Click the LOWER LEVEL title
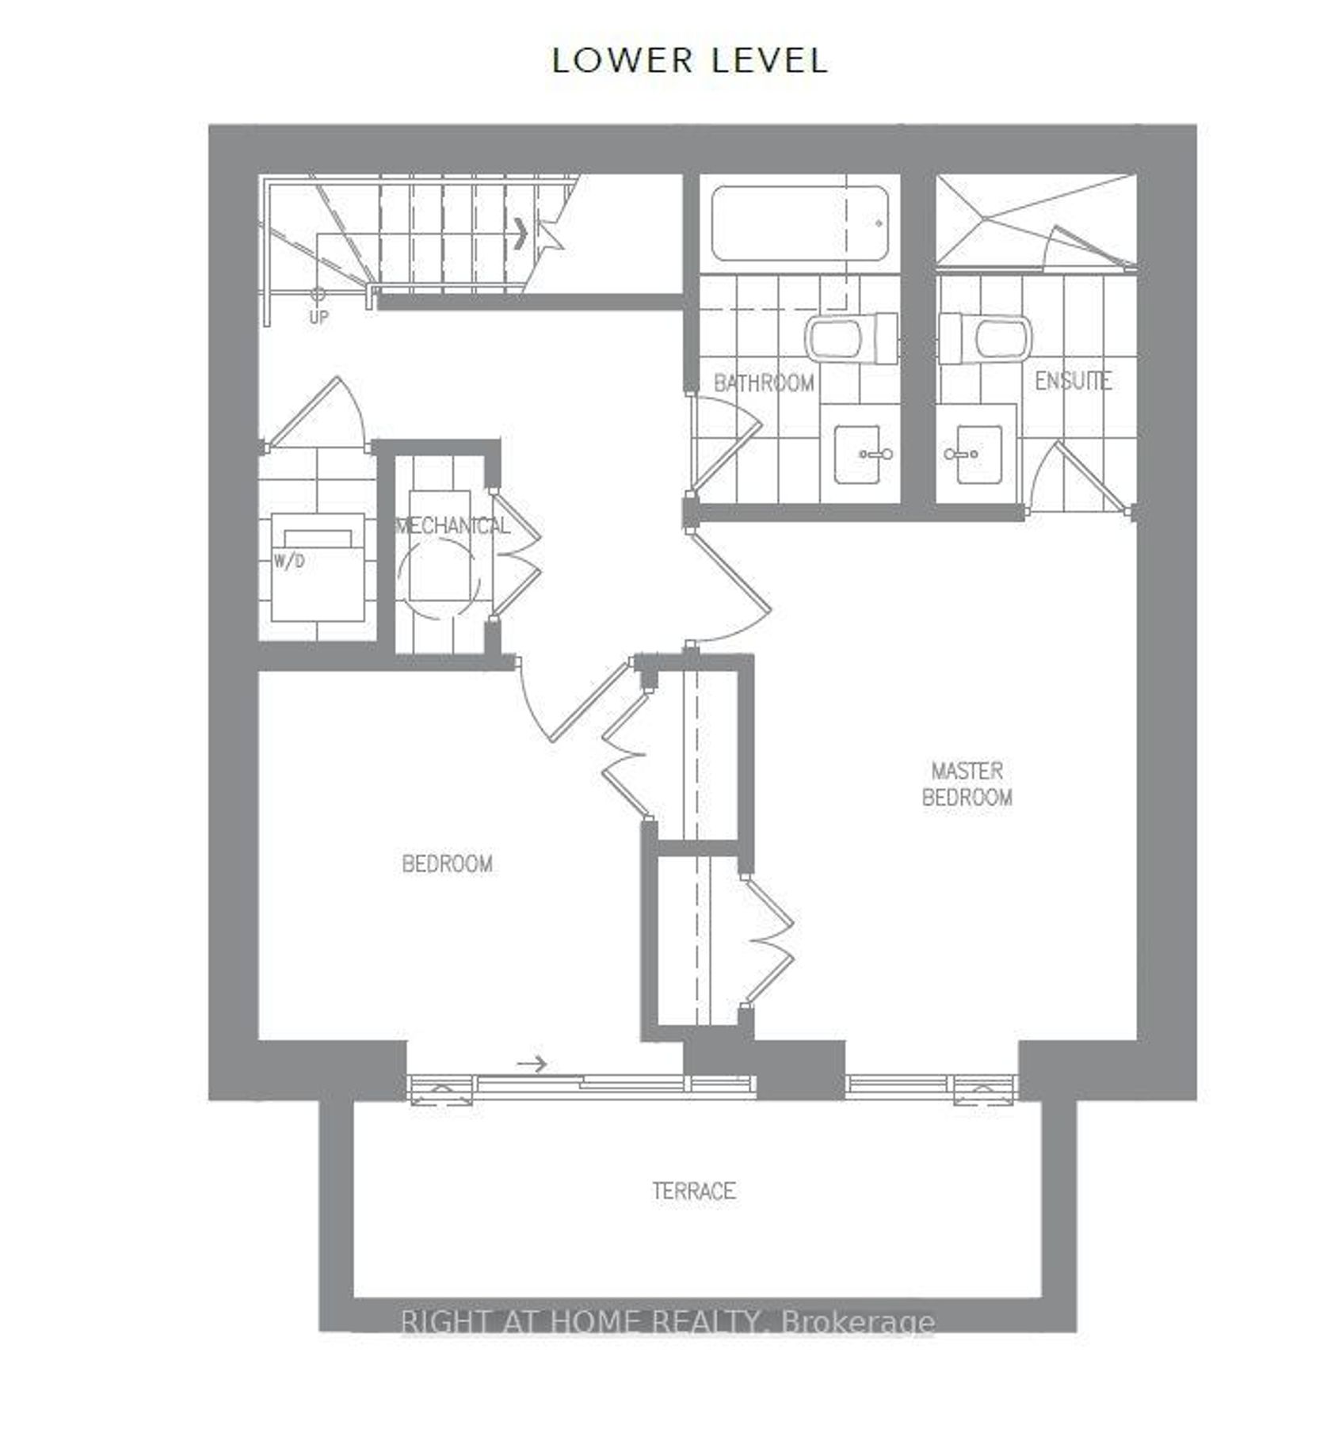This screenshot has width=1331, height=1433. point(689,61)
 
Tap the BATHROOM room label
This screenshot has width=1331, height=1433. point(764,383)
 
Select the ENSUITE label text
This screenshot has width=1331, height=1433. point(1073,381)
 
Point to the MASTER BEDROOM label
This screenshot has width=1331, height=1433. point(967,783)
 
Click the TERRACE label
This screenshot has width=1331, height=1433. point(694,1191)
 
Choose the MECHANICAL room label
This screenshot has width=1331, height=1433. point(452,526)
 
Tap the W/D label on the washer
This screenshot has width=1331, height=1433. point(289,562)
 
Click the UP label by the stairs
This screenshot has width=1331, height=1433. point(318,317)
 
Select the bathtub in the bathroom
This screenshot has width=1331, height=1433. point(799,224)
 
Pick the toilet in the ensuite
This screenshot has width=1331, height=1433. point(985,338)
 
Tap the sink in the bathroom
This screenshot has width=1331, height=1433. point(863,454)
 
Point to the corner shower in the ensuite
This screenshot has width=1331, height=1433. point(1036,220)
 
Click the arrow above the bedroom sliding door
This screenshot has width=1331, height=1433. point(531,1063)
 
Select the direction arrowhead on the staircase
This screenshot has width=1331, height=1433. point(521,234)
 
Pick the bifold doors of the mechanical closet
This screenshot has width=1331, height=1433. point(516,555)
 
